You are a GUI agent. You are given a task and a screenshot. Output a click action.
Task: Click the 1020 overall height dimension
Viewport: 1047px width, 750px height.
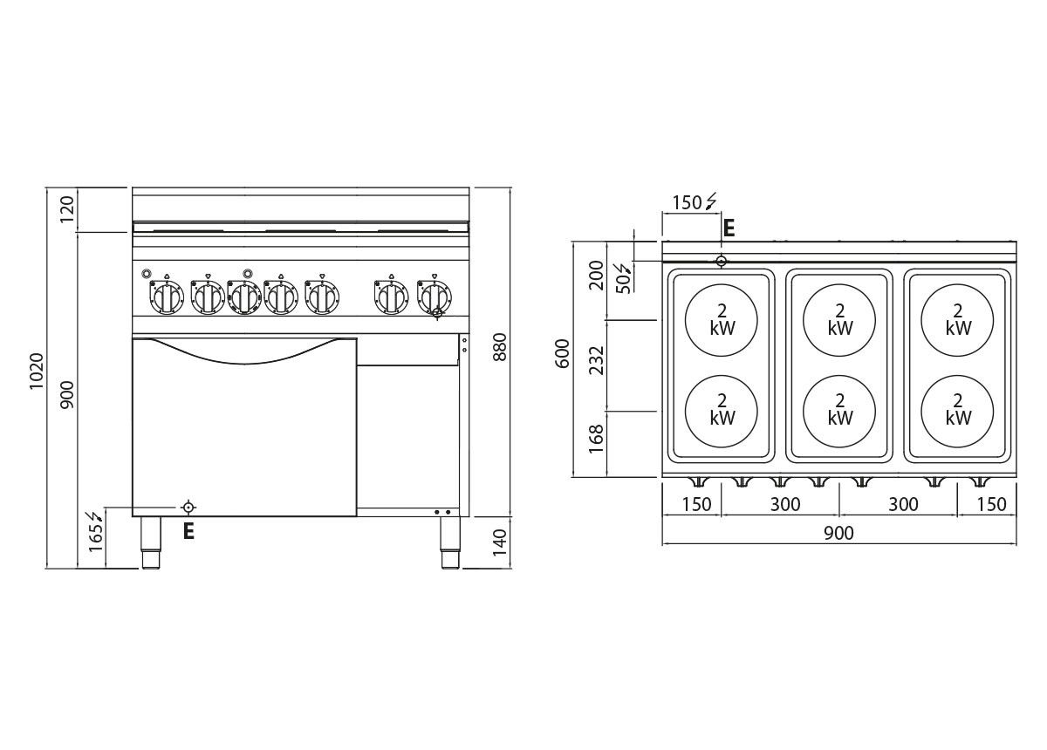pyautogui.click(x=37, y=371)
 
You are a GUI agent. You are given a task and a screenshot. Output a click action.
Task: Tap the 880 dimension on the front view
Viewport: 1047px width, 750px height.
pyautogui.click(x=500, y=347)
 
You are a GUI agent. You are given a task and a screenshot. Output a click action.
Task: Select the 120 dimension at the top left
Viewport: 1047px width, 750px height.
pyautogui.click(x=67, y=209)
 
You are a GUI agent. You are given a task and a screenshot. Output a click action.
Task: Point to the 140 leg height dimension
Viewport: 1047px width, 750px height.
pyautogui.click(x=500, y=542)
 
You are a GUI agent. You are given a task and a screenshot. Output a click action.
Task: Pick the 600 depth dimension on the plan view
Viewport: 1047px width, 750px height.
pyautogui.click(x=564, y=354)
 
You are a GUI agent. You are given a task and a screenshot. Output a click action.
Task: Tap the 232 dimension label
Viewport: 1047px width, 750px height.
pyautogui.click(x=597, y=360)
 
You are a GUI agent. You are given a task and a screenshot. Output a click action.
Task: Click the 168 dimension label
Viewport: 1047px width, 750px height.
pyautogui.click(x=597, y=439)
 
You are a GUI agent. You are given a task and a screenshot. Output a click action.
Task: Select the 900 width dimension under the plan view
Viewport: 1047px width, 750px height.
pyautogui.click(x=838, y=533)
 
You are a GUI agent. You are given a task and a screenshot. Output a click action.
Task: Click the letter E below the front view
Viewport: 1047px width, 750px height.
pyautogui.click(x=188, y=531)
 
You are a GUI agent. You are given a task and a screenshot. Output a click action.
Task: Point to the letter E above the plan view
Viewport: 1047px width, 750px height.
pyautogui.click(x=729, y=228)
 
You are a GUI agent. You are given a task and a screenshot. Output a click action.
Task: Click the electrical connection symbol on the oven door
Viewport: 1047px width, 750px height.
pyautogui.click(x=188, y=507)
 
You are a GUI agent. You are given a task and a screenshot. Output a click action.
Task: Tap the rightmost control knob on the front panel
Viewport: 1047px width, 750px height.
pyautogui.click(x=435, y=297)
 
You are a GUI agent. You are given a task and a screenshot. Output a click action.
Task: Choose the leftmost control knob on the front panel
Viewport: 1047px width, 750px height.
pyautogui.click(x=167, y=297)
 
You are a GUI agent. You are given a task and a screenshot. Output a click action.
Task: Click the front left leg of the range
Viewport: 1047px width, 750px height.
pyautogui.click(x=150, y=542)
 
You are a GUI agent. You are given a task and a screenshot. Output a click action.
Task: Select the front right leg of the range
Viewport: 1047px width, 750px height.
pyautogui.click(x=450, y=542)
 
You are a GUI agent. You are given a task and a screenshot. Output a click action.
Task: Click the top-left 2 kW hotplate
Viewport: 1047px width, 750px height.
pyautogui.click(x=722, y=320)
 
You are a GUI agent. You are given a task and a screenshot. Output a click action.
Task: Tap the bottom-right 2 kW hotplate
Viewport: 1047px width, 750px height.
pyautogui.click(x=957, y=411)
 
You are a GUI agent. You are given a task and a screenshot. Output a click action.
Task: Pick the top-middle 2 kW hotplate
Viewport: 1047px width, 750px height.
pyautogui.click(x=839, y=320)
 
